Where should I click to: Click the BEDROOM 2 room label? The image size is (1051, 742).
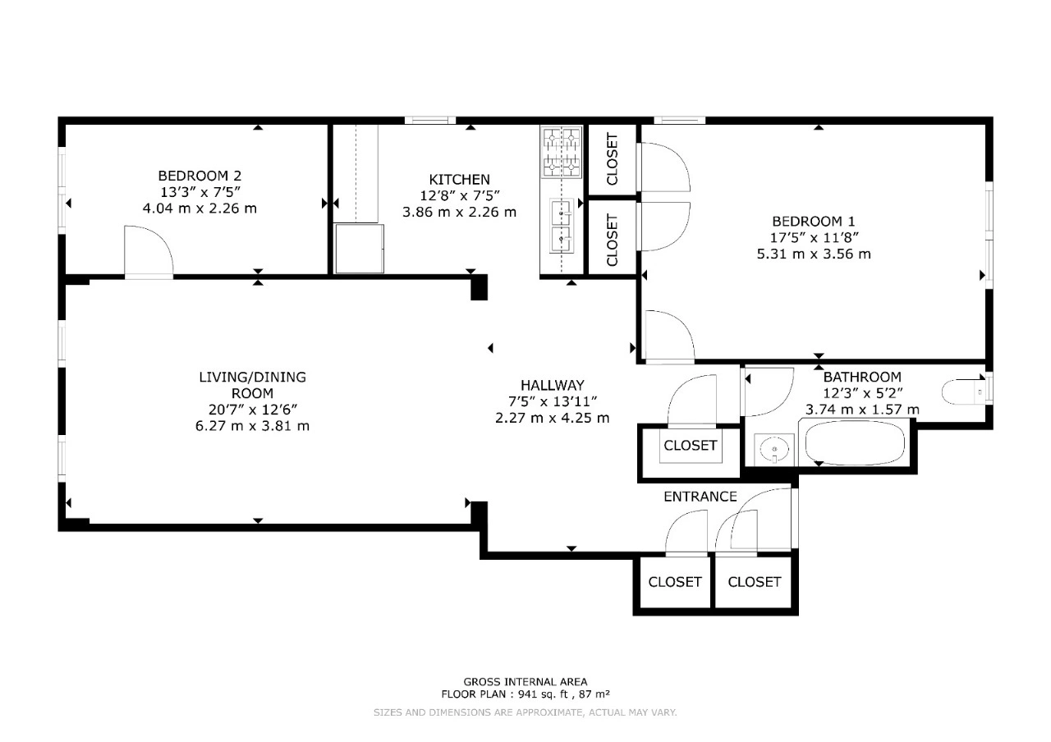(x=200, y=176)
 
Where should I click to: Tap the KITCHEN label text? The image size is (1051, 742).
(x=459, y=180)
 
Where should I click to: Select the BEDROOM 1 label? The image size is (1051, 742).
(x=814, y=222)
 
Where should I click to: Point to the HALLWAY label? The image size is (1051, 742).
(x=553, y=386)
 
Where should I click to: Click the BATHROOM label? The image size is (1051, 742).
(x=862, y=377)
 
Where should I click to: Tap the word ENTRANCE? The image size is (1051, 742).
(x=700, y=497)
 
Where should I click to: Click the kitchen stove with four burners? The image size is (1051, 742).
(x=562, y=153)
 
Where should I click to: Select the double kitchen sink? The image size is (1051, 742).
(x=562, y=226)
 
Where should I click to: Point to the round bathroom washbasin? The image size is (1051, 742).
(x=773, y=450)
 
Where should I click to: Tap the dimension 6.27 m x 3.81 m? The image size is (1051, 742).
(x=252, y=426)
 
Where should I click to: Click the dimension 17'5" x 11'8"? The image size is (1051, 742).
(x=814, y=238)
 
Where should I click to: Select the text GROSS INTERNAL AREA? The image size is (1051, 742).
(x=525, y=682)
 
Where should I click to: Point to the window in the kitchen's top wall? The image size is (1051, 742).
(x=430, y=120)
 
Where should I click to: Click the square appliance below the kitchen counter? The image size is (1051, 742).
(x=360, y=249)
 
